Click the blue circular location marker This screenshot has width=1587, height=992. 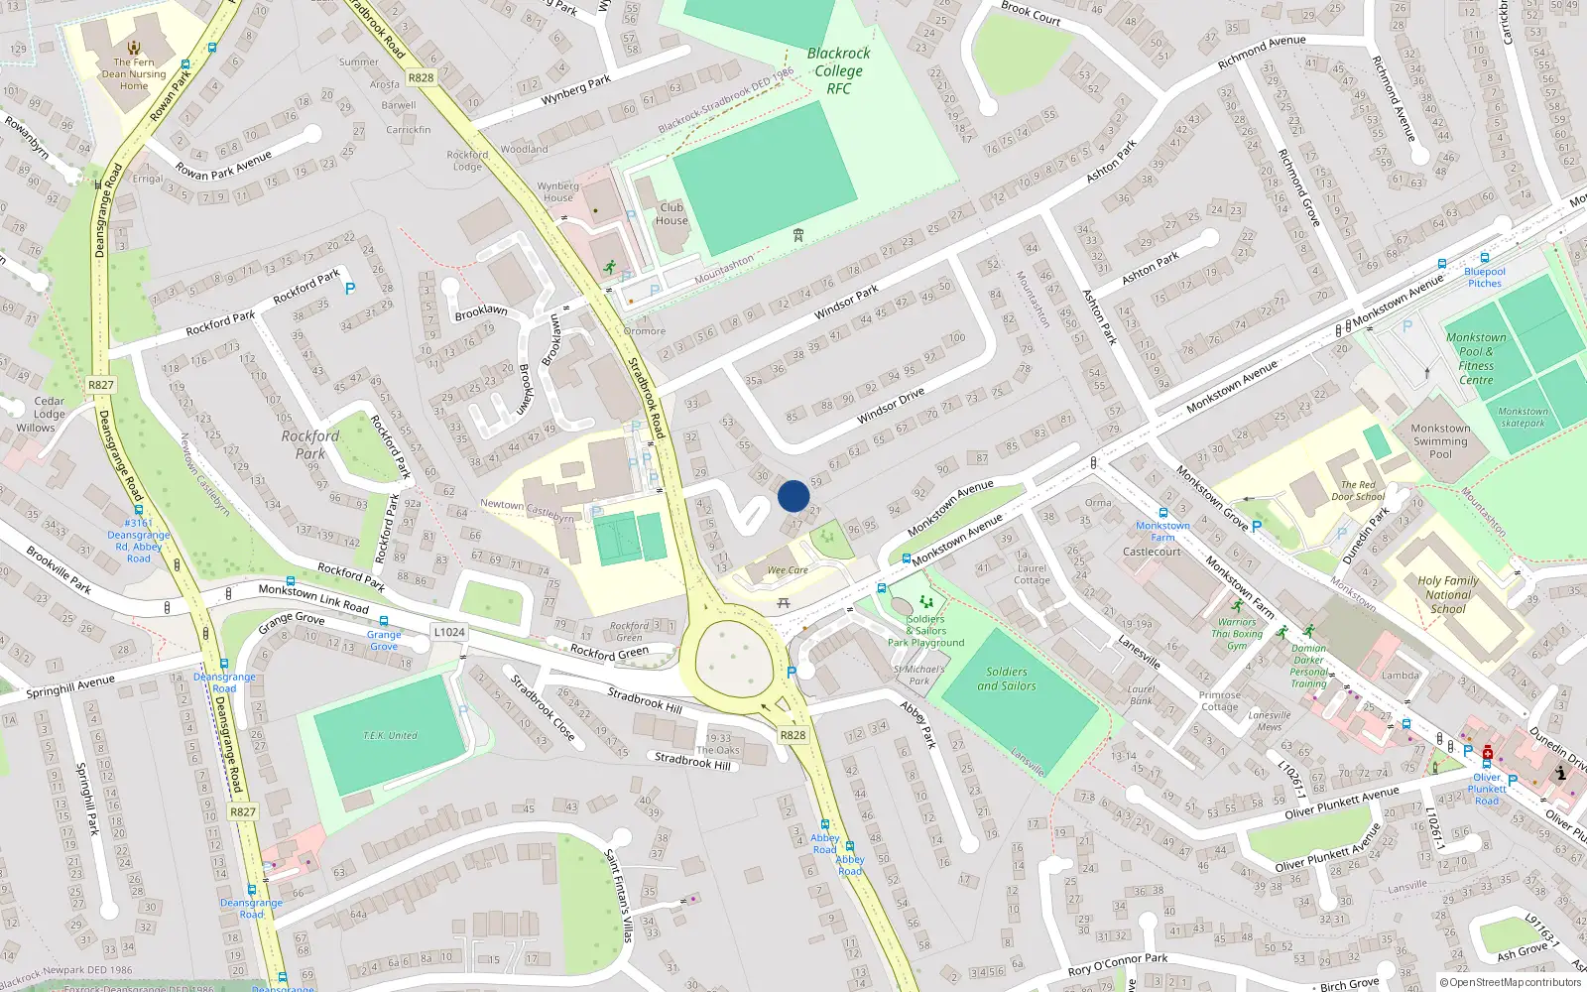(x=793, y=496)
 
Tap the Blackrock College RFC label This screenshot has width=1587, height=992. (x=838, y=70)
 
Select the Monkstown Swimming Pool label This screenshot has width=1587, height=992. (x=1440, y=441)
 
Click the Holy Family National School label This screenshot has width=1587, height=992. (x=1447, y=595)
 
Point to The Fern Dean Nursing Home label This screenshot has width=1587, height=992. (x=134, y=73)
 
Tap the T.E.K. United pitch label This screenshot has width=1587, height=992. (x=390, y=735)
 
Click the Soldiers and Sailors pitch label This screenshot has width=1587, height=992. (x=1007, y=679)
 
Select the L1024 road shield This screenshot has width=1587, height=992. (x=449, y=632)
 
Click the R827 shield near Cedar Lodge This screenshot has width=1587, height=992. (x=101, y=385)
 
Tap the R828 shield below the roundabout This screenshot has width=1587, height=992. (x=793, y=735)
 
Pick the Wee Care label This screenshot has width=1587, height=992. (x=788, y=570)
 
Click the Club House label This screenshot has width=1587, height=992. (x=671, y=214)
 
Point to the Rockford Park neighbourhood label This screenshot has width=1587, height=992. (x=310, y=444)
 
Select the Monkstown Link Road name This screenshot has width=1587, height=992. (x=313, y=598)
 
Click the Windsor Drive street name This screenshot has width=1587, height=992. (x=891, y=407)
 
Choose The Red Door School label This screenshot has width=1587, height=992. (x=1358, y=491)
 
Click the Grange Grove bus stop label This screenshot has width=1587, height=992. (x=384, y=640)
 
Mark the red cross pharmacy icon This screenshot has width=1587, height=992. (x=1487, y=755)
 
